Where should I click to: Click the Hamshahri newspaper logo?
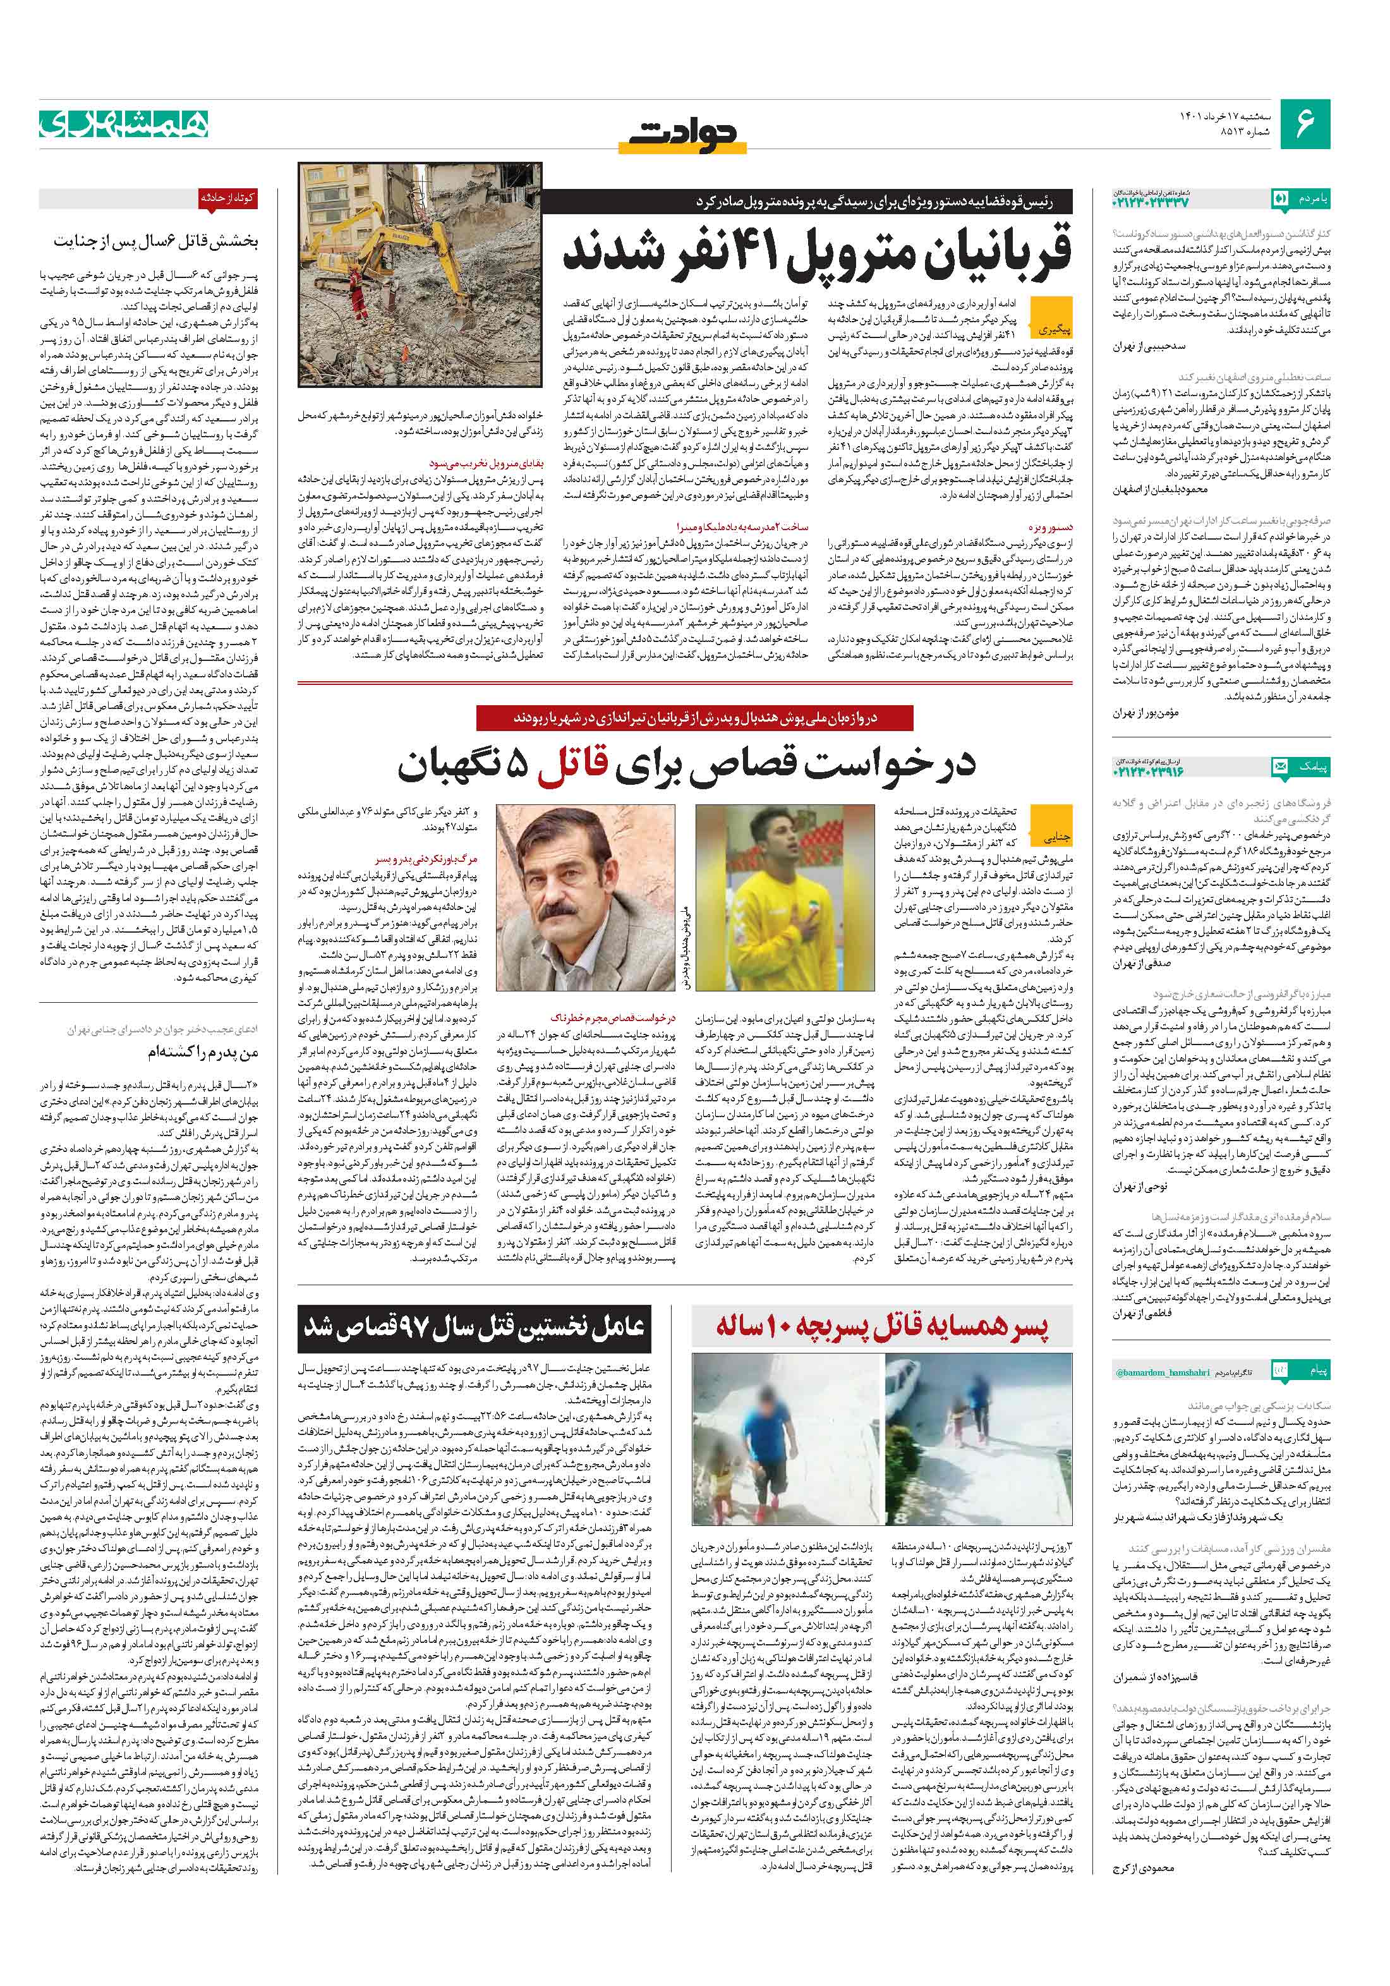(x=124, y=124)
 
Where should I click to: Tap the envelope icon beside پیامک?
(x=1279, y=766)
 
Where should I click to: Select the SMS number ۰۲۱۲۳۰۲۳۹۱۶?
(x=1148, y=769)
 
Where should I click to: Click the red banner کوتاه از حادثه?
(x=228, y=198)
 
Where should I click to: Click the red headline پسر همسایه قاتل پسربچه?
(x=881, y=1328)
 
